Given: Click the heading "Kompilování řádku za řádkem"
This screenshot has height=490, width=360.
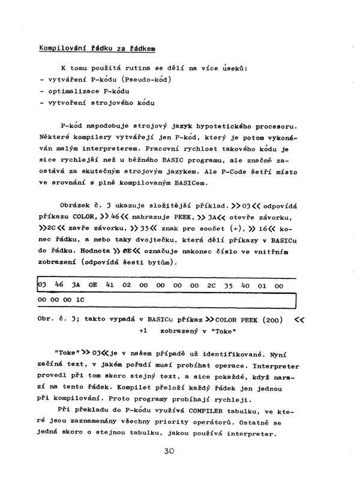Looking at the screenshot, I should (x=98, y=48).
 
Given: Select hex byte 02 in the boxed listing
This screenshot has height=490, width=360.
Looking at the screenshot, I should (x=127, y=287).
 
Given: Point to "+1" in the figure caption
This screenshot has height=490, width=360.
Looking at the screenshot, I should (x=143, y=330).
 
